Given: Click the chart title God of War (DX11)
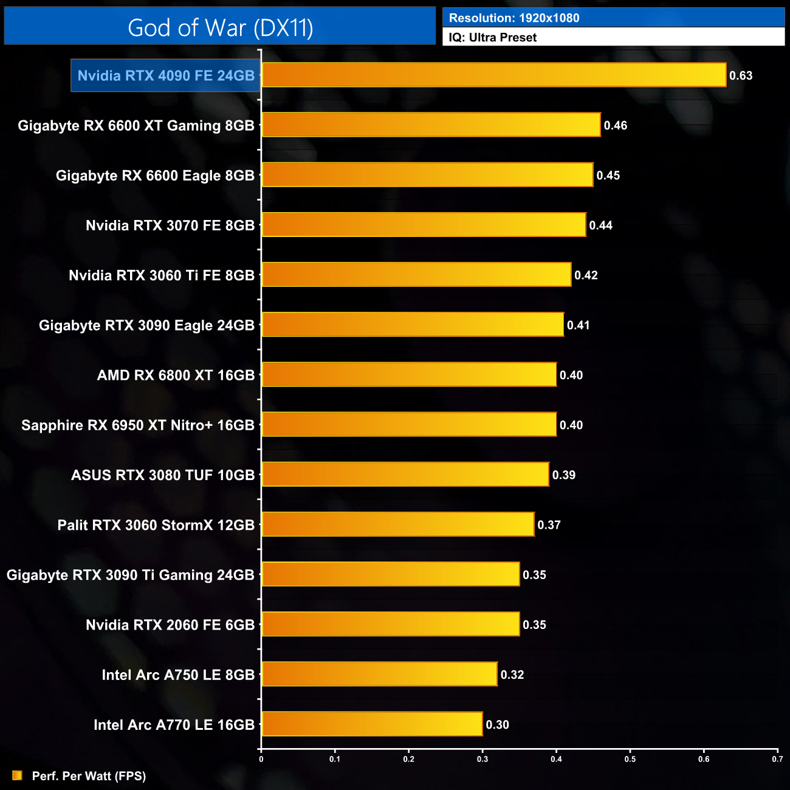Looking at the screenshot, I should click(x=220, y=27).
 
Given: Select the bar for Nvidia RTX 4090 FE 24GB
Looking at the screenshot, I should click(x=493, y=75).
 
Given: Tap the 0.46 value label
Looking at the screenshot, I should click(x=615, y=126).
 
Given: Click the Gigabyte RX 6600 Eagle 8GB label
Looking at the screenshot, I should click(x=155, y=176).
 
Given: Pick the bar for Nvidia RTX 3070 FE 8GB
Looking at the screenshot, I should click(x=424, y=225).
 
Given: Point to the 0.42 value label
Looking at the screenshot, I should click(x=586, y=275).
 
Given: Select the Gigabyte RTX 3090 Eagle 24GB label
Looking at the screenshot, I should click(x=146, y=326).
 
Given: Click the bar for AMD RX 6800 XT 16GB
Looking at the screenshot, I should click(x=409, y=375).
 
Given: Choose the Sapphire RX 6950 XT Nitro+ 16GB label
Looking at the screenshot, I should click(x=138, y=425).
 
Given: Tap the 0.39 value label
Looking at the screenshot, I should click(x=563, y=475).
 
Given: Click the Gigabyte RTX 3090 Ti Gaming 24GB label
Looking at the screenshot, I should click(x=131, y=575).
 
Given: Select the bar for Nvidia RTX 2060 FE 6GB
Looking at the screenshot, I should click(x=391, y=625).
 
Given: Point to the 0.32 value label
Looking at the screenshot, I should click(x=512, y=675).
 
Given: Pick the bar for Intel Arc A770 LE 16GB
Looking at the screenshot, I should click(x=372, y=724).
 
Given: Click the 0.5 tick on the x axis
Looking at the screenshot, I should click(x=630, y=759).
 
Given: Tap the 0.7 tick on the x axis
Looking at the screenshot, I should click(x=777, y=759).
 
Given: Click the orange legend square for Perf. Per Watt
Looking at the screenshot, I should click(x=17, y=775).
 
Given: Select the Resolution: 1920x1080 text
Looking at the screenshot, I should click(x=514, y=18).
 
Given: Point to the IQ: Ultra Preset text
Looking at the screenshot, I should click(x=492, y=38).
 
